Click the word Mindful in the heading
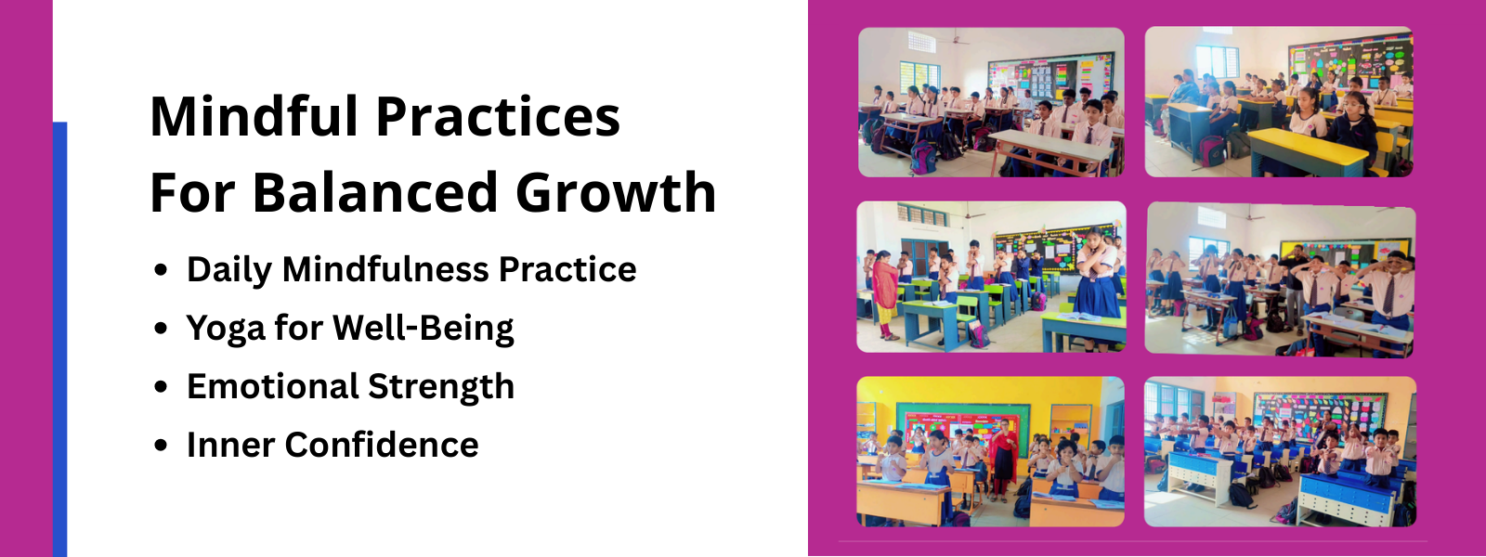click(255, 116)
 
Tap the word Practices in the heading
click(498, 116)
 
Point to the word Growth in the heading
click(616, 192)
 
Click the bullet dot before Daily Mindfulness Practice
click(160, 270)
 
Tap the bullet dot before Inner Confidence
click(160, 446)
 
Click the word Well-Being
click(424, 329)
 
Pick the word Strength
click(441, 386)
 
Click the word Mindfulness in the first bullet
click(385, 269)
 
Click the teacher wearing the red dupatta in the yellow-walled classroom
click(1002, 459)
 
